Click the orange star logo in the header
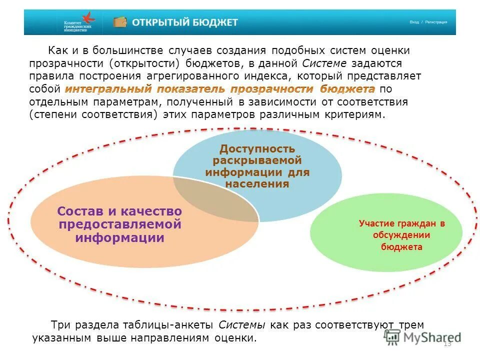pos(89,17)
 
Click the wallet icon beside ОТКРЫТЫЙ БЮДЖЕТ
pos(120,22)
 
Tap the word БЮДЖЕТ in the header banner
pos(217,22)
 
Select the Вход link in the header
pos(414,22)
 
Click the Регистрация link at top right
pos(436,22)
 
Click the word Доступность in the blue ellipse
pos(257,149)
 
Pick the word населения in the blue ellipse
pos(257,183)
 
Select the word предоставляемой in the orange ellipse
pos(120,224)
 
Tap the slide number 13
pos(447,344)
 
